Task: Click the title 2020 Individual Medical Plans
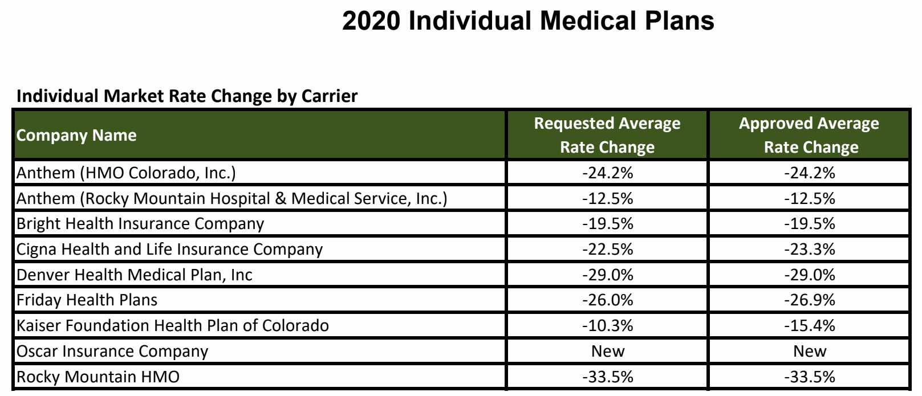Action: pos(527,21)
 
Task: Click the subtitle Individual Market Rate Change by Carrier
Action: pos(187,96)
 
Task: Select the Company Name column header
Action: pos(76,136)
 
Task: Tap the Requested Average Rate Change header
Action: pos(607,135)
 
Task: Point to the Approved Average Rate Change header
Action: pos(809,135)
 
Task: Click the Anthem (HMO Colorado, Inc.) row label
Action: pos(126,173)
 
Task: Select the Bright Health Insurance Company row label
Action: pos(140,223)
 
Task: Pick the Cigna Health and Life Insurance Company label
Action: pos(169,249)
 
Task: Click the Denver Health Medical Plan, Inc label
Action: pos(135,275)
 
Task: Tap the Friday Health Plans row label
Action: pos(87,300)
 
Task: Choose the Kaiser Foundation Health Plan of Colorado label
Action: pos(173,325)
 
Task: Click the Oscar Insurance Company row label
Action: pos(112,351)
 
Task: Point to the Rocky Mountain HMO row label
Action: pos(98,377)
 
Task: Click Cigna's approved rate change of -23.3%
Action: pos(809,249)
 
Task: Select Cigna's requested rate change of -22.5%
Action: pos(607,249)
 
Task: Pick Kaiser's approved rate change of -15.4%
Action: pos(809,325)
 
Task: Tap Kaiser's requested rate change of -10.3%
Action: pos(607,325)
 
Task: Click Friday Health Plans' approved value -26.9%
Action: pos(809,300)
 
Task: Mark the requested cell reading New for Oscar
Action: pos(607,351)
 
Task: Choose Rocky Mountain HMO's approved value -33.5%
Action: pos(809,377)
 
